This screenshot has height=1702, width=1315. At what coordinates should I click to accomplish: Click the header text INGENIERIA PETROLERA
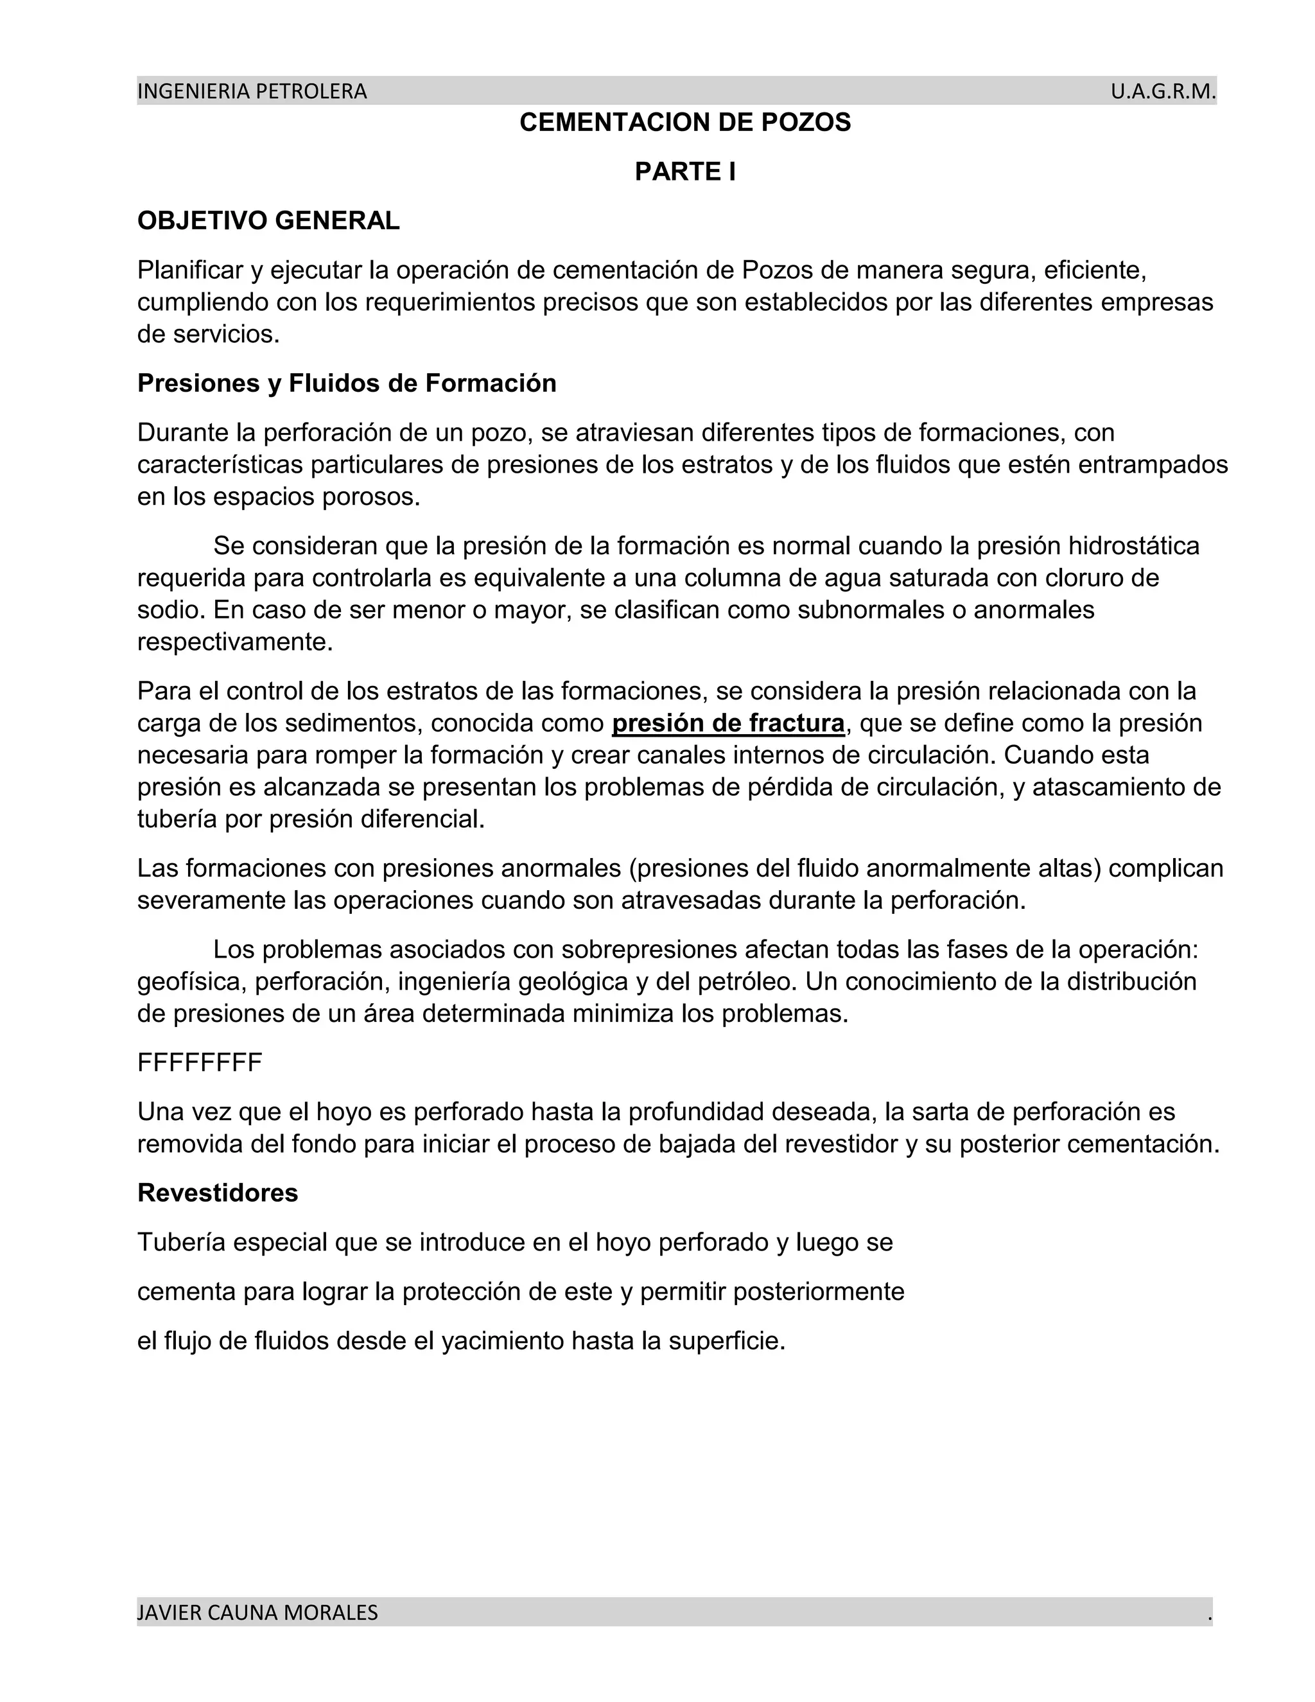252,92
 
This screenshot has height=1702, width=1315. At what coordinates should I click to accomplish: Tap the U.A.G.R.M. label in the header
1162,92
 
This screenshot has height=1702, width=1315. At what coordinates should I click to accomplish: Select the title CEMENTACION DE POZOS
684,122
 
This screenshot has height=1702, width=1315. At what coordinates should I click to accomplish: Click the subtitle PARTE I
684,171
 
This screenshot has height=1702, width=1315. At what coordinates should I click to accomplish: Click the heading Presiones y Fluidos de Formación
347,383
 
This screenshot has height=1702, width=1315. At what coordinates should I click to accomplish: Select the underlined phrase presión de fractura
727,723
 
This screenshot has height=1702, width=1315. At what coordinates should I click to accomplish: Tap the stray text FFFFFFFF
200,1063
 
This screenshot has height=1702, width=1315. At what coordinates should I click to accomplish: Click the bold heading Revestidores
218,1193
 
